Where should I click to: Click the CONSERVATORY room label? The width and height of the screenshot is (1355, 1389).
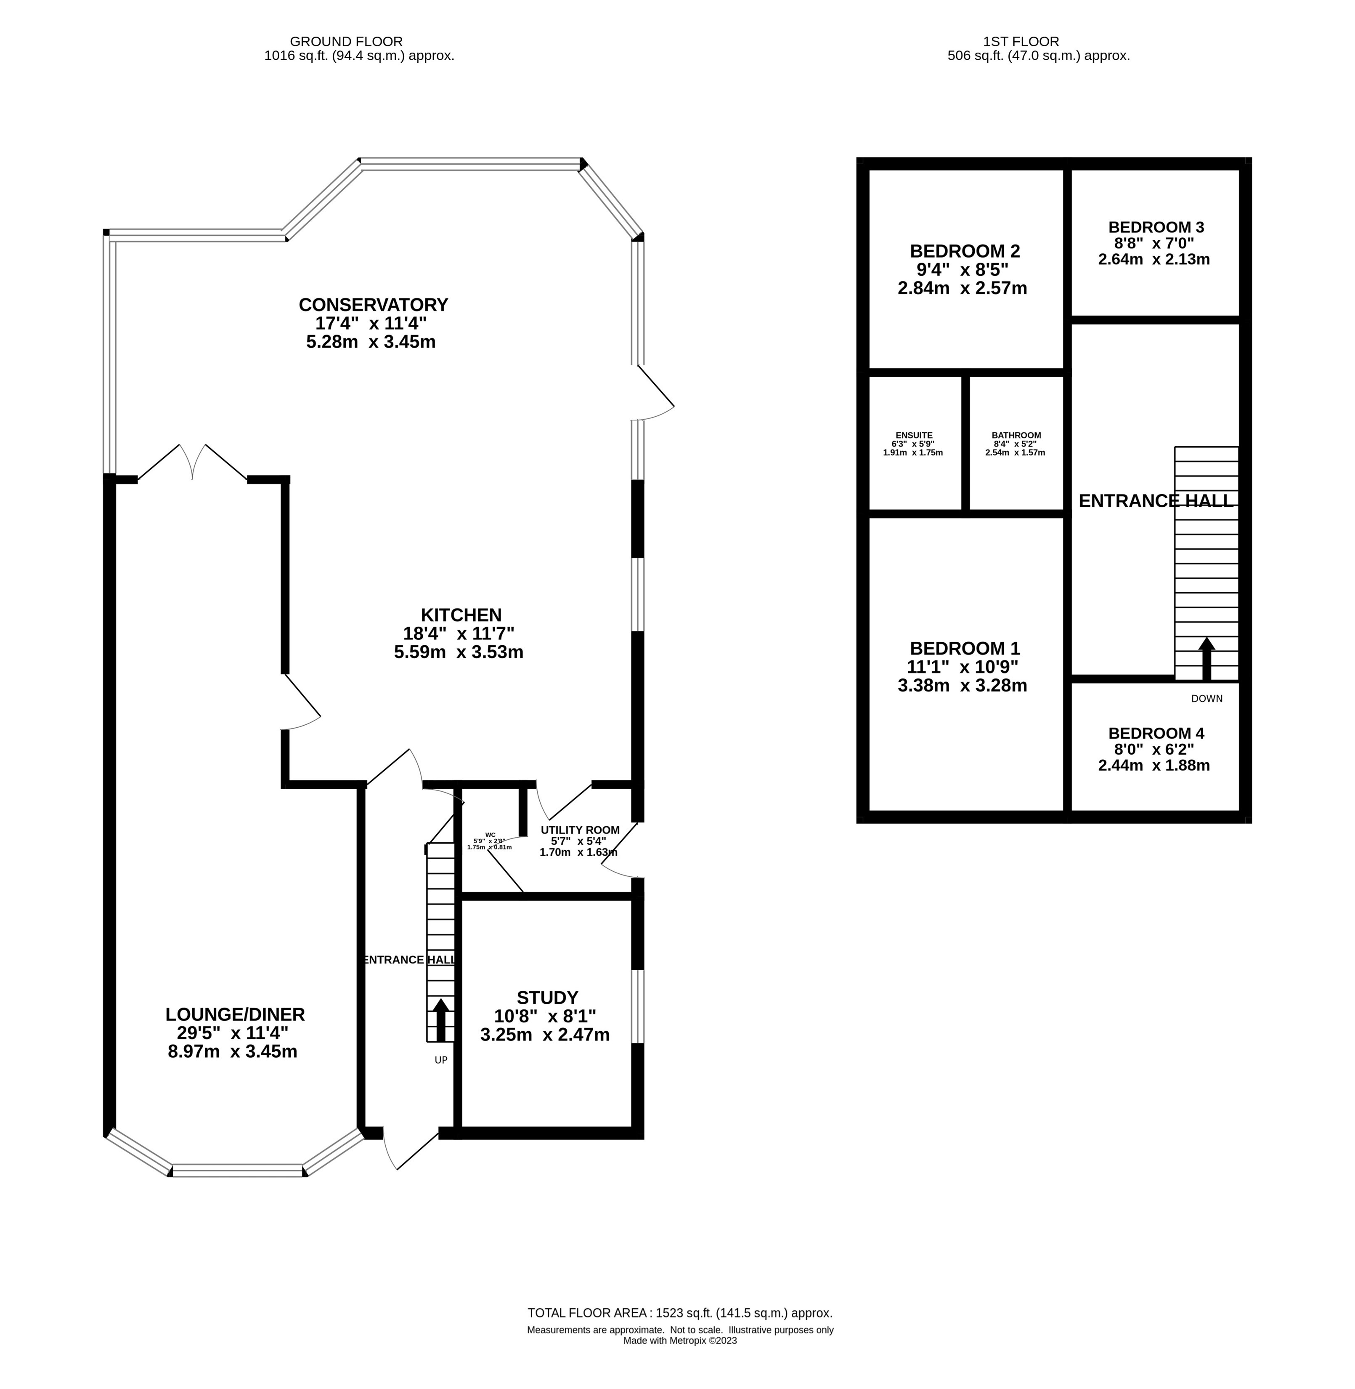[373, 305]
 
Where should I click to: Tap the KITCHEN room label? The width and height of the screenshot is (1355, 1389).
[461, 615]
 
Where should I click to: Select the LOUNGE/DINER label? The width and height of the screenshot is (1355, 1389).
[235, 1014]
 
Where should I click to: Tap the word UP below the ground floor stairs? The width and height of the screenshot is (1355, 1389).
[440, 1060]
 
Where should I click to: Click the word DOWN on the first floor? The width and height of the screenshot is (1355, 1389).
[1206, 698]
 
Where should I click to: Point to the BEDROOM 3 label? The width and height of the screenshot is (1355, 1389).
[1156, 227]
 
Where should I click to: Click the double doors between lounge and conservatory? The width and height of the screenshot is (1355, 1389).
[192, 462]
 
